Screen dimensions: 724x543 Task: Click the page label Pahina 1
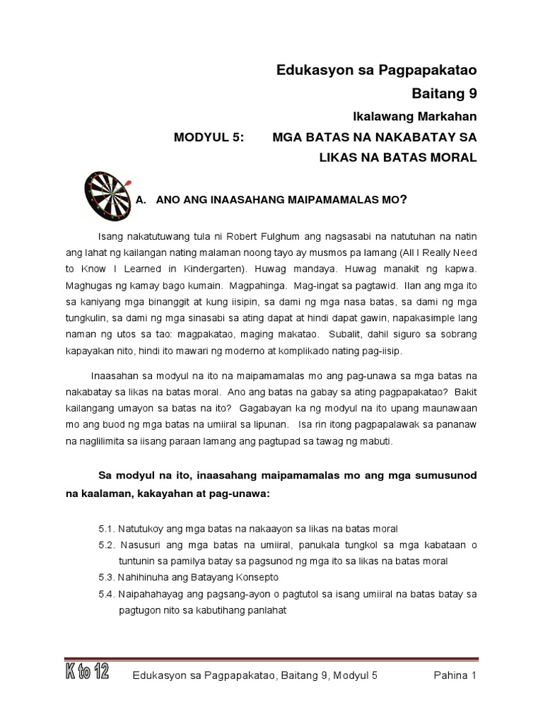point(455,676)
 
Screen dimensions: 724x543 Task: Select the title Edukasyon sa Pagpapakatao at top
point(375,69)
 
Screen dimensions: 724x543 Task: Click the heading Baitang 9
point(444,92)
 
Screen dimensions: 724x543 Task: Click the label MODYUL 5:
point(208,136)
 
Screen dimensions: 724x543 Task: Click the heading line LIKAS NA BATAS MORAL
point(398,157)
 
